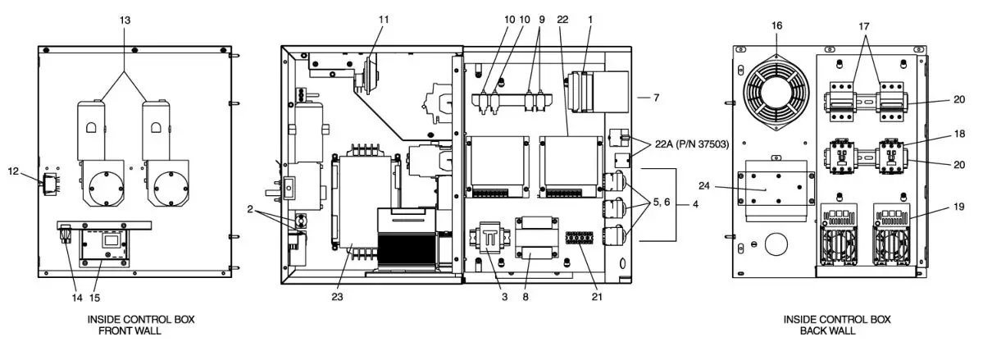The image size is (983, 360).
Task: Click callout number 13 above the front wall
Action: click(x=125, y=19)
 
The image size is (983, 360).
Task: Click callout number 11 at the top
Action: click(x=385, y=18)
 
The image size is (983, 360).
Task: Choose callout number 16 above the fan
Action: click(x=777, y=25)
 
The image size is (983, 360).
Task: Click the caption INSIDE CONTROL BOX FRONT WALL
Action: click(x=141, y=324)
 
